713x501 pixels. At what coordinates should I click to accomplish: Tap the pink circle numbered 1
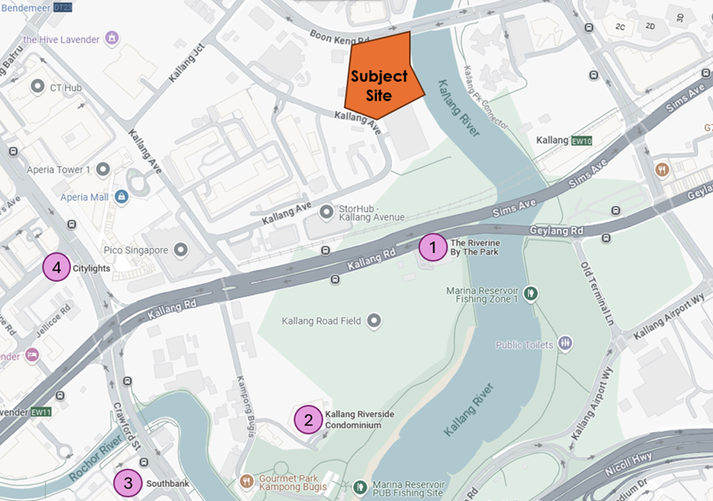point(432,247)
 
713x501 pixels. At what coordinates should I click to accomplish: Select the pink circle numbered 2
point(308,420)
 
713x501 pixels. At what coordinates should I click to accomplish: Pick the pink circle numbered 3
point(127,483)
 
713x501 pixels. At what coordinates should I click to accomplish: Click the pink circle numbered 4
point(57,268)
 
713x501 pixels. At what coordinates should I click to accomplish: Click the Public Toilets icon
point(566,343)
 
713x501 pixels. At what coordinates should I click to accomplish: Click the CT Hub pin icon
point(37,86)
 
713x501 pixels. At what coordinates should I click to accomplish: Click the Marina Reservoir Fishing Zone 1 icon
point(530,293)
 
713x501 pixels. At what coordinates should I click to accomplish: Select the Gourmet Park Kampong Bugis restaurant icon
point(247,482)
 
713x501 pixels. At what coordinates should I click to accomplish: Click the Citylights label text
point(91,268)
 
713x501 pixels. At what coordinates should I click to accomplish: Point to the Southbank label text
point(166,484)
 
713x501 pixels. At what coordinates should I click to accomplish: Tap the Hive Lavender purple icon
point(112,39)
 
